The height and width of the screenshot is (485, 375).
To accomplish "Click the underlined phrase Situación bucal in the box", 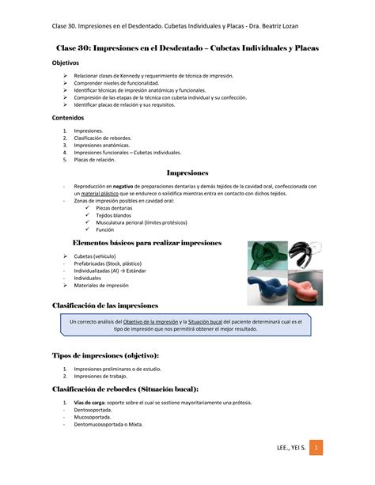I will [x=210, y=321].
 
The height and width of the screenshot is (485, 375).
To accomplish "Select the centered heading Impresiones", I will [x=187, y=172].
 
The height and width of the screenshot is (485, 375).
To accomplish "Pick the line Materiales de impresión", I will [x=102, y=286].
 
